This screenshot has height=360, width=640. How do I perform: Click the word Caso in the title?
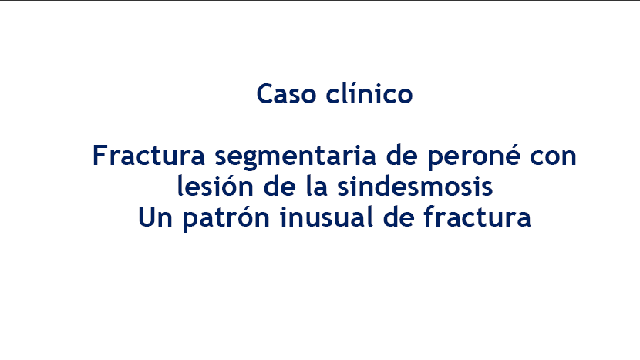[x=286, y=94]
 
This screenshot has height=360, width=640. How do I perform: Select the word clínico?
[x=369, y=93]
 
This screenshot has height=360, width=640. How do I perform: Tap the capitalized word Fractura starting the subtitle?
[x=149, y=156]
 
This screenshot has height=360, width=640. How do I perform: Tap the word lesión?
[x=215, y=186]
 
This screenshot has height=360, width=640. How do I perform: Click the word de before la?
[x=279, y=186]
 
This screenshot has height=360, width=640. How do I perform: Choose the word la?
[x=316, y=186]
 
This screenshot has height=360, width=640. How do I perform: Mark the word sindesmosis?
[x=415, y=186]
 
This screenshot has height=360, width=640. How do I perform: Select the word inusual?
[x=326, y=217]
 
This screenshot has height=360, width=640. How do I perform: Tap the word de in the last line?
[x=399, y=217]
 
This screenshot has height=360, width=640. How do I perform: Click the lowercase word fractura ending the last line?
[x=477, y=217]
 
